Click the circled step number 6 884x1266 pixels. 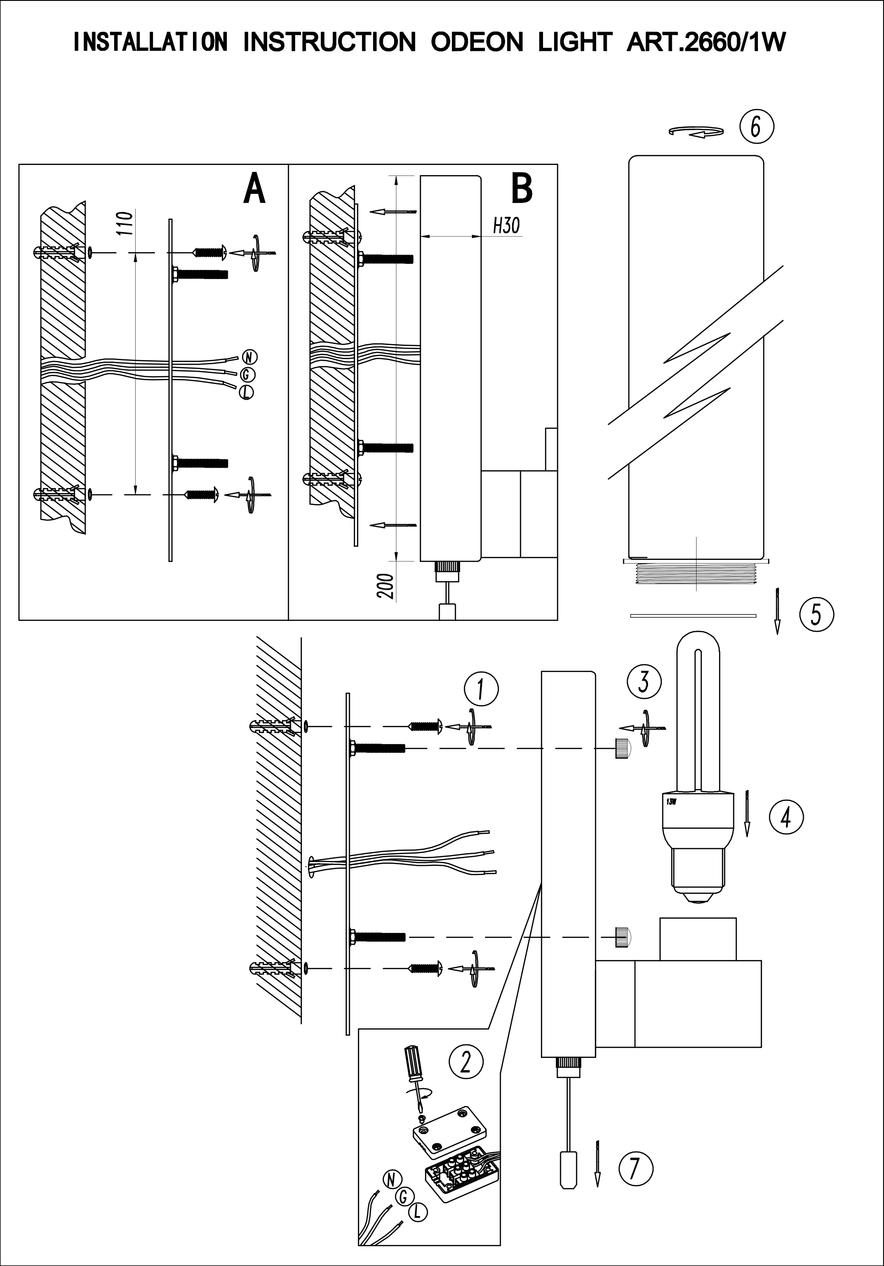click(756, 127)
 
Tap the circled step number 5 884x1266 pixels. click(816, 614)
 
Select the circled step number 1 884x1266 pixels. click(481, 689)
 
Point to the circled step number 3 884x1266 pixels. click(643, 681)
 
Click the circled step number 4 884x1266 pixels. click(786, 817)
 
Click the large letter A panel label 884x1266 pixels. click(254, 189)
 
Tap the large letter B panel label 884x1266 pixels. click(522, 189)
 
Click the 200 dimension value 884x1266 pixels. click(386, 586)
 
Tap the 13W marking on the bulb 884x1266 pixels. click(670, 802)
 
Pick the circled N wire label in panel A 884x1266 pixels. click(250, 357)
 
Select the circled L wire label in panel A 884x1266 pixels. click(247, 393)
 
